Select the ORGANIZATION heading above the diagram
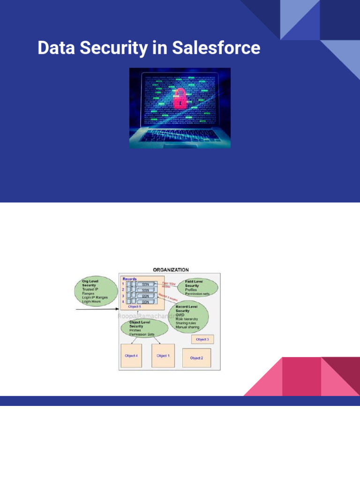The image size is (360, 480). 171,270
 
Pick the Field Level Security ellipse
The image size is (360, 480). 198,287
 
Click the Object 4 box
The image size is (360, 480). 131,356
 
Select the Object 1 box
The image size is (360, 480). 163,356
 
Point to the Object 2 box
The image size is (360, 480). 196,358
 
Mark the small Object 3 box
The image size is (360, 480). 202,338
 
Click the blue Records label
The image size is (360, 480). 129,279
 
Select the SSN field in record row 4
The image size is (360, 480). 146,302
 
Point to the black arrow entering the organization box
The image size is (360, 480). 97,309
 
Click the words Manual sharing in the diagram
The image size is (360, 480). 187,327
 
